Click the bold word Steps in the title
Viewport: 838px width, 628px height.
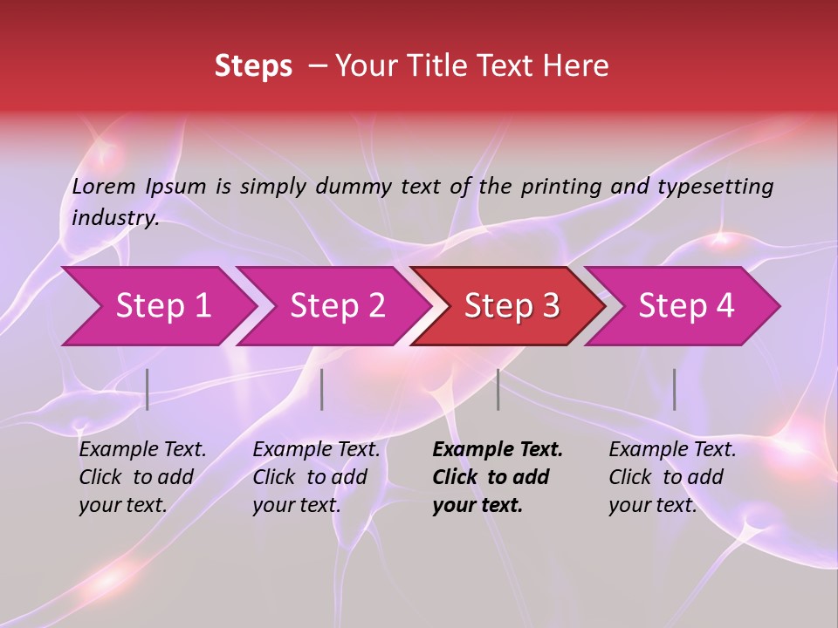tap(253, 66)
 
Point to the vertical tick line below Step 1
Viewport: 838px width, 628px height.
tap(148, 389)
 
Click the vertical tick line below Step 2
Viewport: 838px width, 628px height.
tap(322, 389)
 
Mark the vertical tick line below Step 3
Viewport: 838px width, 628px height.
tap(498, 389)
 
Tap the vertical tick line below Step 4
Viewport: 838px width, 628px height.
tap(675, 389)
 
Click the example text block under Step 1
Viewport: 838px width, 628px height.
tap(142, 477)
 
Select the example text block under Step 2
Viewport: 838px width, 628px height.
tap(316, 477)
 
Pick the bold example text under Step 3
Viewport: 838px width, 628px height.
tap(498, 477)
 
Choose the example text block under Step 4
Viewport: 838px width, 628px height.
tap(672, 477)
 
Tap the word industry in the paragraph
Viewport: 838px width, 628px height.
tap(114, 217)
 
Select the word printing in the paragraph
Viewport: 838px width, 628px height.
tap(561, 187)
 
